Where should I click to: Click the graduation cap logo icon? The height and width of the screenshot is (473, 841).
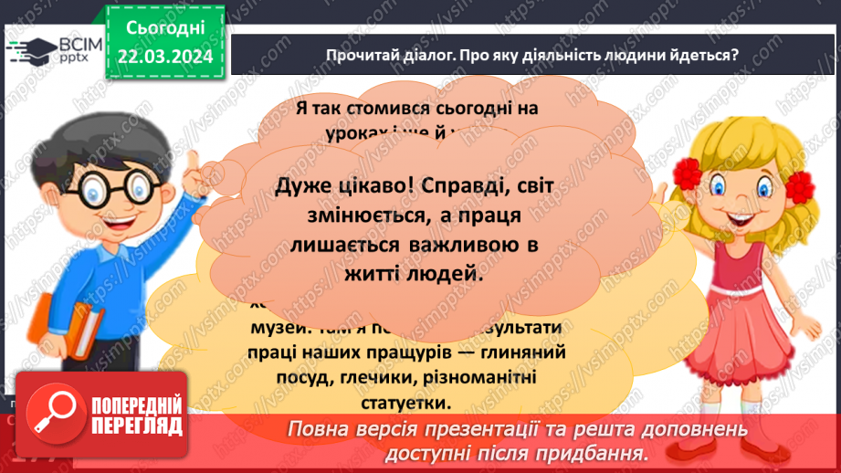[x=29, y=50]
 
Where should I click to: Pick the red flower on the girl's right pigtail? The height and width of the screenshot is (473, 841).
[x=800, y=185]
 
